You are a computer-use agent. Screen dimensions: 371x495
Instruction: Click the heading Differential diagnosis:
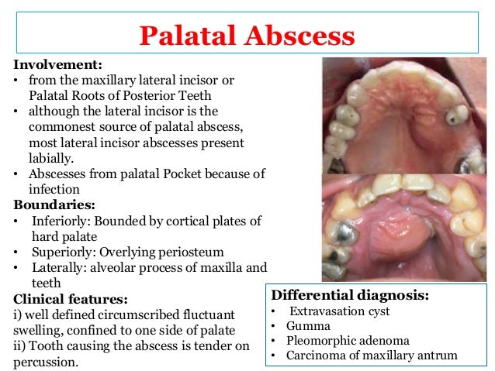pyautogui.click(x=349, y=295)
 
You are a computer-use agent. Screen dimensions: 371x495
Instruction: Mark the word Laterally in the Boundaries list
pyautogui.click(x=58, y=267)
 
